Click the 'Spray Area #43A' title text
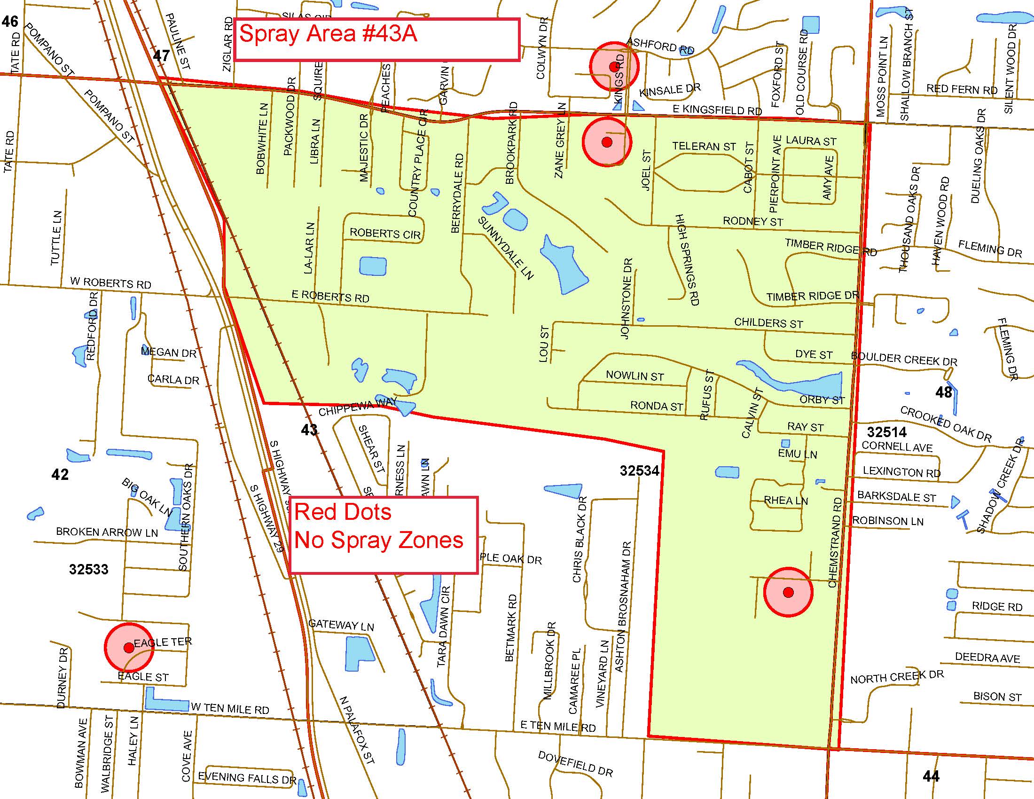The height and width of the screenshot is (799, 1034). pyautogui.click(x=328, y=34)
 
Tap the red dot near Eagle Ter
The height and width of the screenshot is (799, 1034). pyautogui.click(x=128, y=647)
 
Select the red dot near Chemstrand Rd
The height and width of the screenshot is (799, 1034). pyautogui.click(x=788, y=592)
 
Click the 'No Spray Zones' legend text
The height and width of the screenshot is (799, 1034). pyautogui.click(x=379, y=540)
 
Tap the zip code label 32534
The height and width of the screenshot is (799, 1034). pyautogui.click(x=639, y=470)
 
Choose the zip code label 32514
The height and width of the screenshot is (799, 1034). pyautogui.click(x=887, y=431)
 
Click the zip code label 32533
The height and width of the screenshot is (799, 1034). pyautogui.click(x=88, y=569)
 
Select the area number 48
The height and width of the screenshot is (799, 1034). pyautogui.click(x=944, y=392)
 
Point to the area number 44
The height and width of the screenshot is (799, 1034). pyautogui.click(x=931, y=776)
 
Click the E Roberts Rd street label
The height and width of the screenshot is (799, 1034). pyautogui.click(x=330, y=297)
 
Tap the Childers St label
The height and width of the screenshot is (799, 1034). pyautogui.click(x=768, y=323)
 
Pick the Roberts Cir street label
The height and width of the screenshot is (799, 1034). pyautogui.click(x=385, y=234)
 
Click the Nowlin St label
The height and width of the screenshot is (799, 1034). pyautogui.click(x=634, y=376)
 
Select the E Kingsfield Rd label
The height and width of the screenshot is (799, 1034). pyautogui.click(x=717, y=110)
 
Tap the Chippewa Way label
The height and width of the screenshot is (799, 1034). pyautogui.click(x=358, y=407)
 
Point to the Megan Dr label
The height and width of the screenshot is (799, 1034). pyautogui.click(x=169, y=352)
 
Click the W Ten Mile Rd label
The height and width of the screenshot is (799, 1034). pyautogui.click(x=230, y=709)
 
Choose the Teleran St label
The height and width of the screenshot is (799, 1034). pyautogui.click(x=704, y=146)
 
